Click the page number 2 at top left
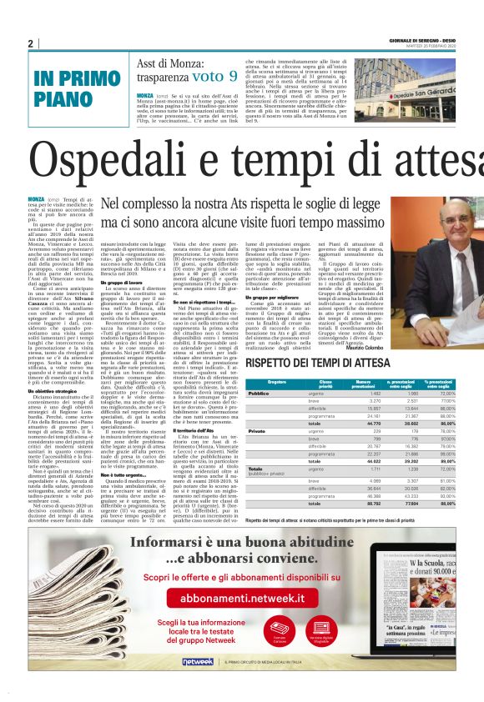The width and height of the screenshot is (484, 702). [x=31, y=44]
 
